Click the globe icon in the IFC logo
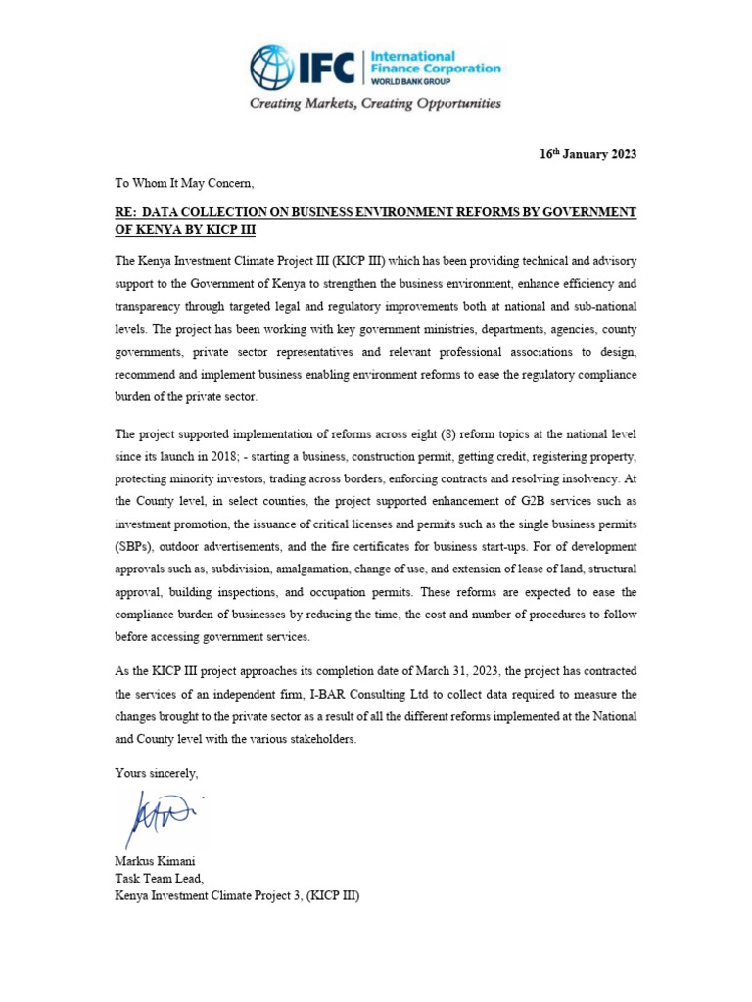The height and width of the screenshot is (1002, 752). [x=271, y=68]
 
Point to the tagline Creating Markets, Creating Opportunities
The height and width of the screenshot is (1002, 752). [x=375, y=104]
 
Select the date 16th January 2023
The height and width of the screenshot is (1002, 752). [x=587, y=155]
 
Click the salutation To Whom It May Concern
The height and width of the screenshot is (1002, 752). [x=184, y=183]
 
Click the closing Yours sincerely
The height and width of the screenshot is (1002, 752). [x=157, y=773]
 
